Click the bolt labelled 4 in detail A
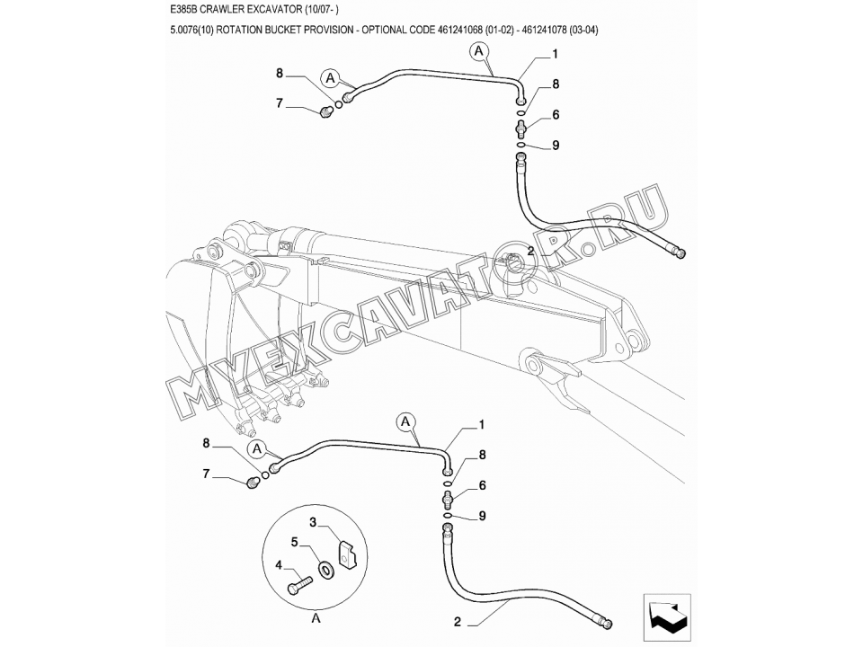(x=299, y=584)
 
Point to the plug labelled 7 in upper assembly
(x=325, y=113)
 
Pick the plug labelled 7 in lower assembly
(x=253, y=483)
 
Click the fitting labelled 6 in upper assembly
(x=520, y=129)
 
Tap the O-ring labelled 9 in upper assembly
(x=520, y=145)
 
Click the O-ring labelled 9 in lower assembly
(x=448, y=516)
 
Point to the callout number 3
(x=313, y=522)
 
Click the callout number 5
(x=295, y=542)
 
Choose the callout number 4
(x=279, y=565)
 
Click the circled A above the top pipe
(x=479, y=51)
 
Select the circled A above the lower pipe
(x=406, y=422)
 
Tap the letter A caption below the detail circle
(x=316, y=618)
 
